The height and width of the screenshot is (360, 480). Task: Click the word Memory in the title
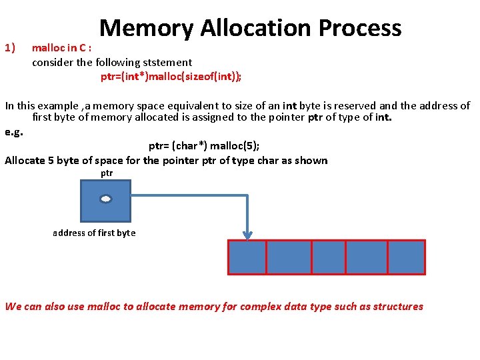[x=146, y=28]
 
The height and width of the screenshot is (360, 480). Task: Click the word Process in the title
[x=360, y=28]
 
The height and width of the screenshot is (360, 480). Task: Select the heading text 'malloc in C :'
[x=61, y=49]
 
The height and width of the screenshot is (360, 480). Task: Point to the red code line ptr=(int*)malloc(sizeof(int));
[x=171, y=76]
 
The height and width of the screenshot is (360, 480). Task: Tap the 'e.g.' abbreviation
[x=13, y=132]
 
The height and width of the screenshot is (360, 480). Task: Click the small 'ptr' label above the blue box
[x=107, y=173]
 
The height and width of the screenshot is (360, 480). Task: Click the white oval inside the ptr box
[x=105, y=199]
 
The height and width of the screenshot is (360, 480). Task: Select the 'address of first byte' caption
[x=94, y=233]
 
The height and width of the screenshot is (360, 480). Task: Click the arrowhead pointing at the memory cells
[x=247, y=235]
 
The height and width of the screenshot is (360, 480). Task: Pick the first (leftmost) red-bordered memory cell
[x=247, y=257]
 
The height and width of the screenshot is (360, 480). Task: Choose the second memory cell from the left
[x=289, y=257]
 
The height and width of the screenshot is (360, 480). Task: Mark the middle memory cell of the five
[x=328, y=257]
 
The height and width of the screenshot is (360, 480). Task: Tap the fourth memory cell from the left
[x=366, y=257]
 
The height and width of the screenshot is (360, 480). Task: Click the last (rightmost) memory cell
[x=406, y=257]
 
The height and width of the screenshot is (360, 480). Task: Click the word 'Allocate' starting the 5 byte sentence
[x=25, y=160]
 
